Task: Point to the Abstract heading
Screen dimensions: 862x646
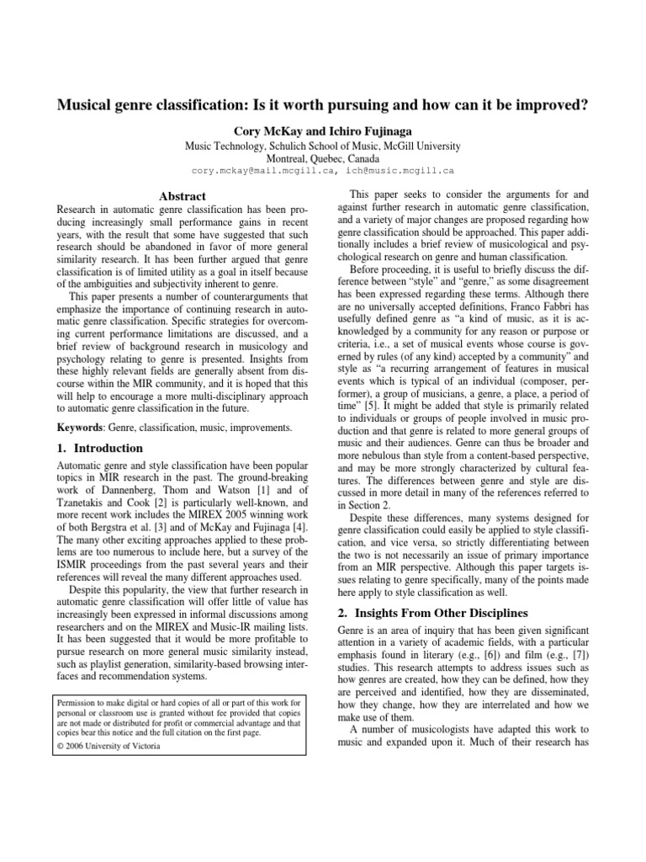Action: click(183, 196)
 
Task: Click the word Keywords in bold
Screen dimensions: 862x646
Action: click(81, 428)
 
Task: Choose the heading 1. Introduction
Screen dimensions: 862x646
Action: click(98, 449)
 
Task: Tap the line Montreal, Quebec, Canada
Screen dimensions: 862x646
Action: click(323, 157)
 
